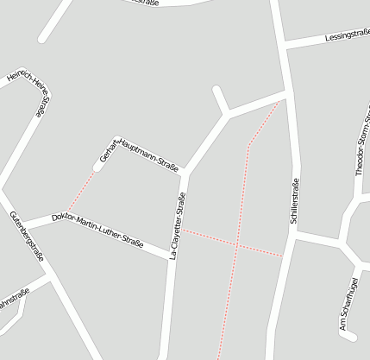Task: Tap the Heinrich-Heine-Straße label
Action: (x=31, y=92)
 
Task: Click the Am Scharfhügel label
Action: (x=349, y=306)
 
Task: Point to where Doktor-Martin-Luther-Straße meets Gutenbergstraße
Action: (x=17, y=225)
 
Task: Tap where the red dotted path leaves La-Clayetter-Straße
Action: (x=181, y=230)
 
